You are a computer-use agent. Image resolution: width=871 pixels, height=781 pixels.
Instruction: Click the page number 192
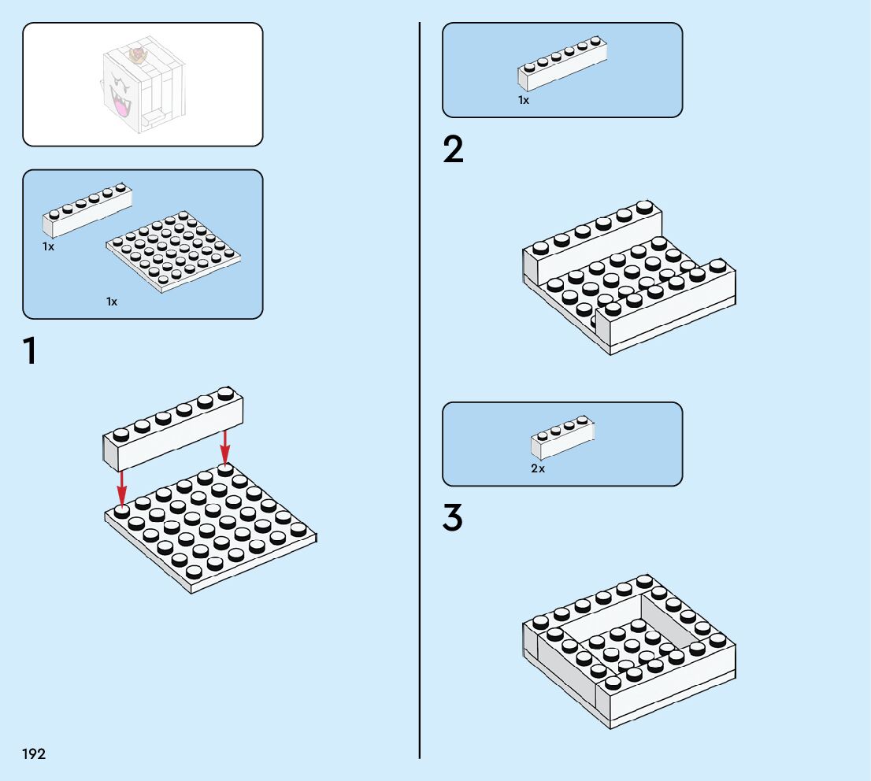click(x=34, y=754)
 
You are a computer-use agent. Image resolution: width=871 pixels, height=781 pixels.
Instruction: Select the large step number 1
click(x=30, y=351)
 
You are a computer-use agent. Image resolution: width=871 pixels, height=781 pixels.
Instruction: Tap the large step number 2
click(x=454, y=150)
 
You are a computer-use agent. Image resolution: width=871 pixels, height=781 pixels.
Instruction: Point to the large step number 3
click(x=453, y=518)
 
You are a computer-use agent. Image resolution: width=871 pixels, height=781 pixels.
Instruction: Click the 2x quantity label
click(x=538, y=468)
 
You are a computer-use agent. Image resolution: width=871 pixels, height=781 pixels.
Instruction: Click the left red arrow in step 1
click(x=121, y=487)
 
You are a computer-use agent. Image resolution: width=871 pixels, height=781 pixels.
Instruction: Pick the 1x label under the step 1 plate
click(x=112, y=302)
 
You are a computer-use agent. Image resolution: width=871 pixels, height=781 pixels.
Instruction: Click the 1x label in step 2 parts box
click(x=524, y=100)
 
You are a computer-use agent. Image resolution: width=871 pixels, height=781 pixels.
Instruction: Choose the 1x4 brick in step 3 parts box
click(x=562, y=436)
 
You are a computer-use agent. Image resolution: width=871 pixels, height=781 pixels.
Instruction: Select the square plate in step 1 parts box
click(x=173, y=250)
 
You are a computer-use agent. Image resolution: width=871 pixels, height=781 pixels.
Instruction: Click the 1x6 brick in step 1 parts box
click(x=87, y=209)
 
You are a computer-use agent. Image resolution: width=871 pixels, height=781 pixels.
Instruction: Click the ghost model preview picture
click(x=143, y=84)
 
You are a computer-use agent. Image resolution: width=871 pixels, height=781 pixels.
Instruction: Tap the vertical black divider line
click(x=420, y=394)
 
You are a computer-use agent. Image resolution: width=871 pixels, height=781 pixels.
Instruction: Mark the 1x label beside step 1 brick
click(x=49, y=246)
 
